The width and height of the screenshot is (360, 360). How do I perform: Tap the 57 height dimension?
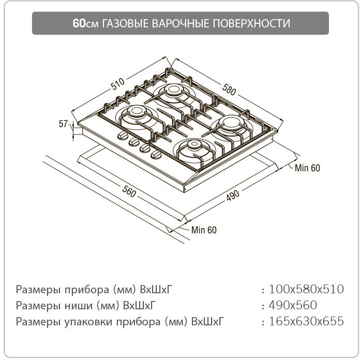[64, 124]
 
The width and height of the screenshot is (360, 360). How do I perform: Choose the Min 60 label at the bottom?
[204, 230]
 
